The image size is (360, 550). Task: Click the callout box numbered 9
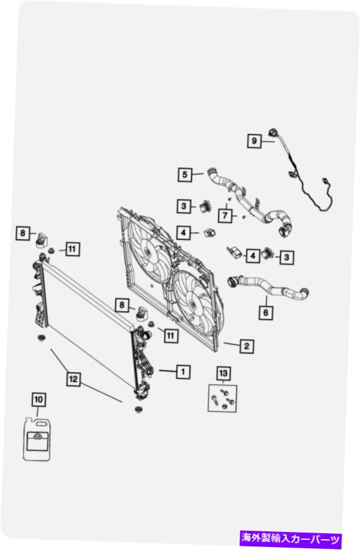coord(254,141)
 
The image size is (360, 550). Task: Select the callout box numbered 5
coord(185,175)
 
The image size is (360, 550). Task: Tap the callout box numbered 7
coord(225,215)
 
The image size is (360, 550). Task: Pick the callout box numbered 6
coord(265,312)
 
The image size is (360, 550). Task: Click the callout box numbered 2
coord(247,346)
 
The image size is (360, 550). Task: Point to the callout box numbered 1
coord(183,372)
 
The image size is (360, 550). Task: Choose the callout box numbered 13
coord(223,373)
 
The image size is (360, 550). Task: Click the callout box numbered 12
coord(73,379)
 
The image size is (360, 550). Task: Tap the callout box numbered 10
coord(38,400)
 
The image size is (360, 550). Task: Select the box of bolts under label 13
coord(222,399)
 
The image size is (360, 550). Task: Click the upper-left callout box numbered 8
coord(23,233)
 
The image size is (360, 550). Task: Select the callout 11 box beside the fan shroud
coord(170,336)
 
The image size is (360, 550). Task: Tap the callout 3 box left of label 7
coord(184,206)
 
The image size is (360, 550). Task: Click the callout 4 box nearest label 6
coord(253,256)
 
